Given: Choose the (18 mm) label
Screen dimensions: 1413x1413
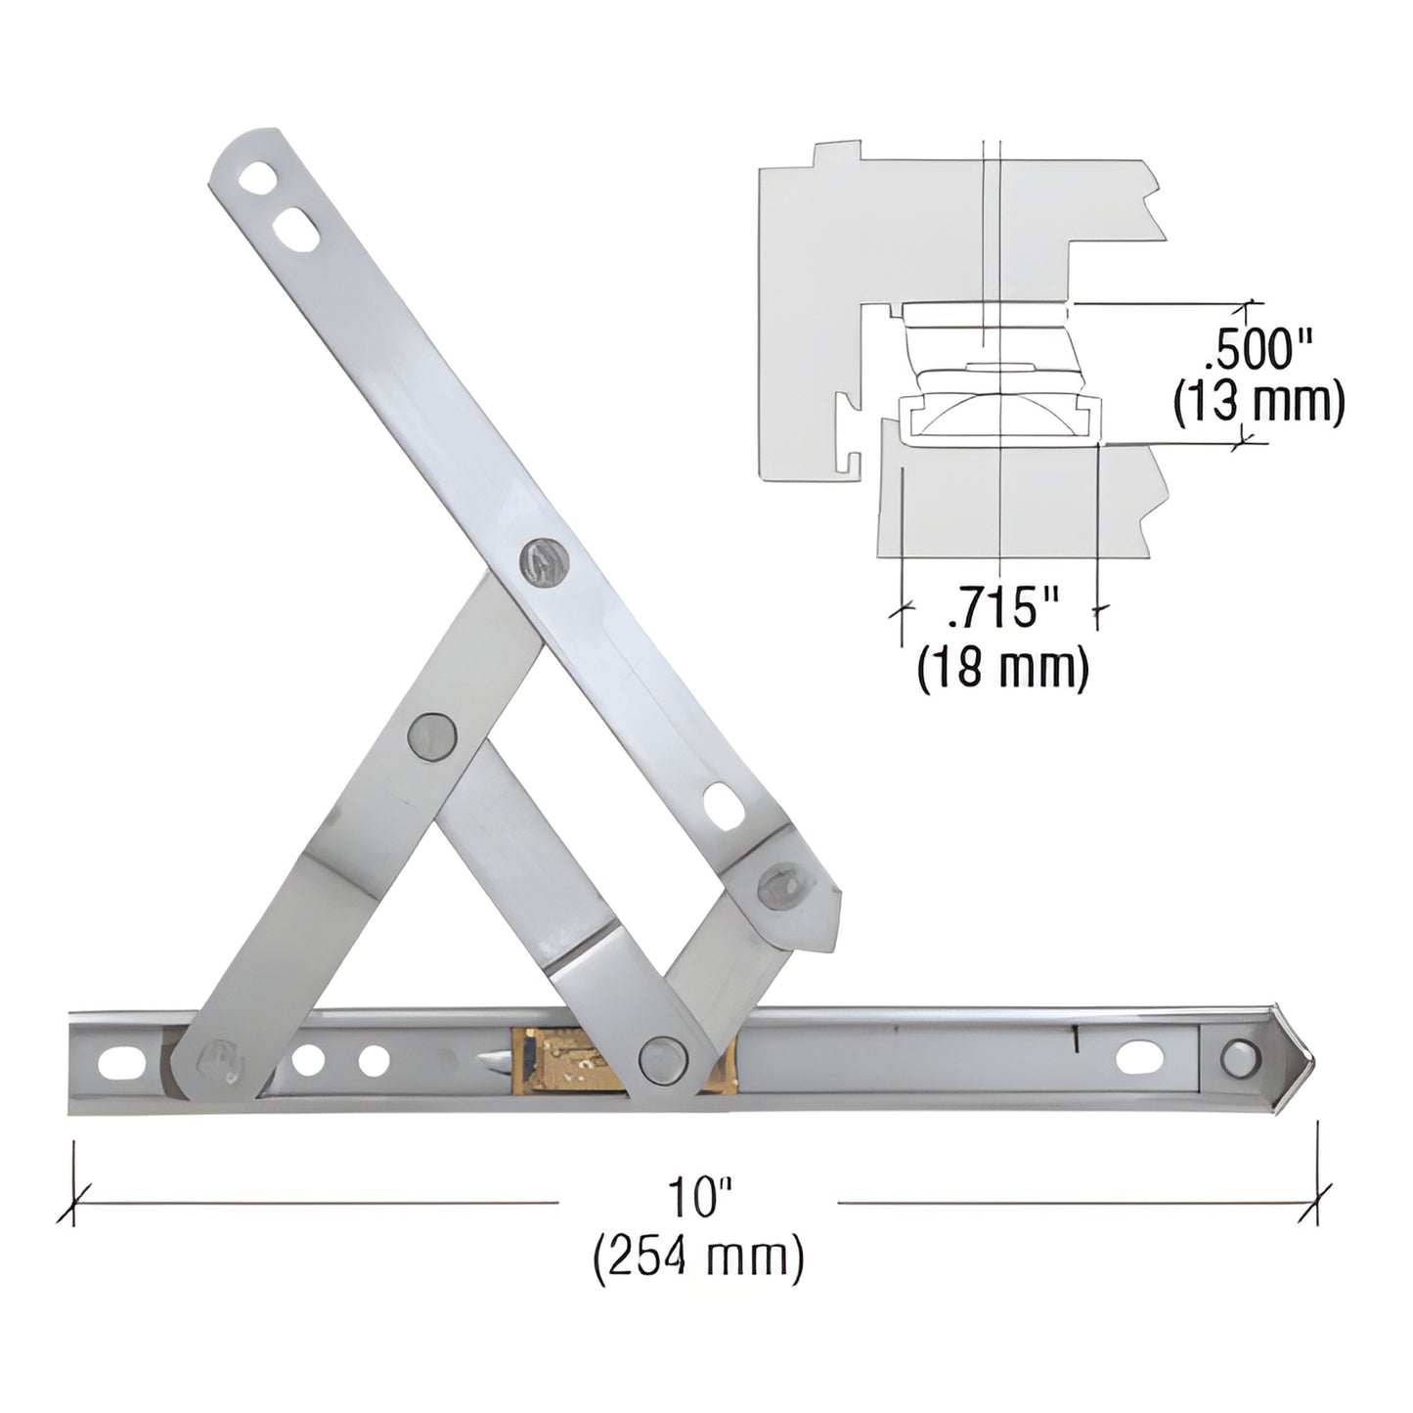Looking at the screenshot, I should click(x=1003, y=670).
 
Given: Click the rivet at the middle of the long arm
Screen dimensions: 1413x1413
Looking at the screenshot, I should click(x=542, y=562).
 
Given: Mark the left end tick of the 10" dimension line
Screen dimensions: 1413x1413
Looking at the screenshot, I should click(x=74, y=1202).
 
